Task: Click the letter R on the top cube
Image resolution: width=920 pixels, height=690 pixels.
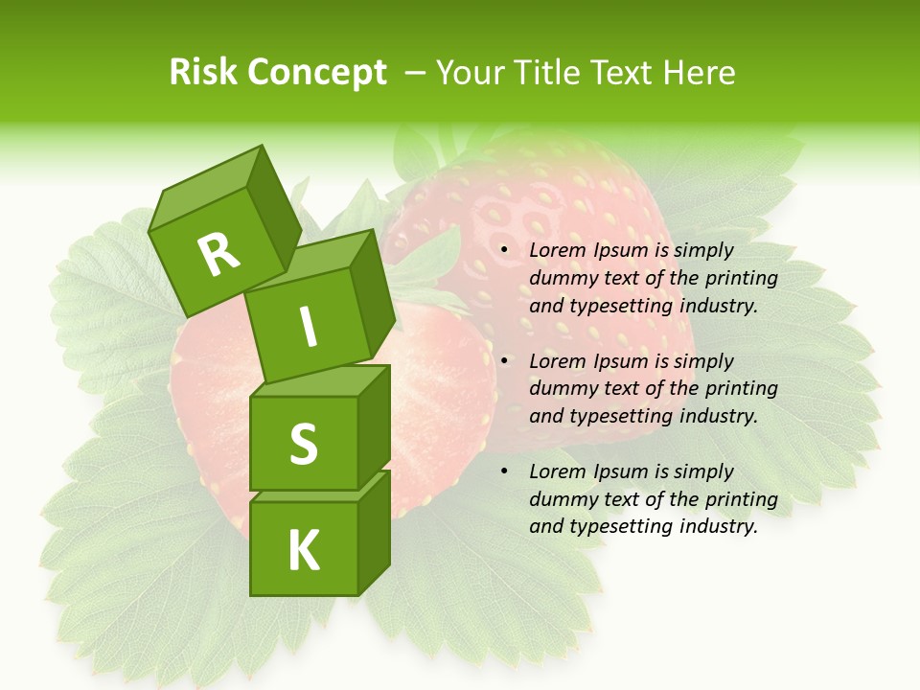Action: [218, 255]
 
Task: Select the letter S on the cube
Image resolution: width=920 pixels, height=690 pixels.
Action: [303, 444]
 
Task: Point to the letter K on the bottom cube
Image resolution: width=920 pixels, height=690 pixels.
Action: [303, 550]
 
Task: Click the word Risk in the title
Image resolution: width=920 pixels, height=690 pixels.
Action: [205, 73]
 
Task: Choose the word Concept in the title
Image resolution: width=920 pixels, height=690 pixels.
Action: [317, 73]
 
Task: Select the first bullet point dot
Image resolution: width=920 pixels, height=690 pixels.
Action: [504, 251]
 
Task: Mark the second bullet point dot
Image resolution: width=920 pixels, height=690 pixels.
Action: [504, 362]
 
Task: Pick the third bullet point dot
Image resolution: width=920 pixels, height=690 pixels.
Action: [504, 472]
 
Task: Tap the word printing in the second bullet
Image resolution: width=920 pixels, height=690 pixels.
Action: [741, 389]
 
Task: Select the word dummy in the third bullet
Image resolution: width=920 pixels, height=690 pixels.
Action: [561, 499]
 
